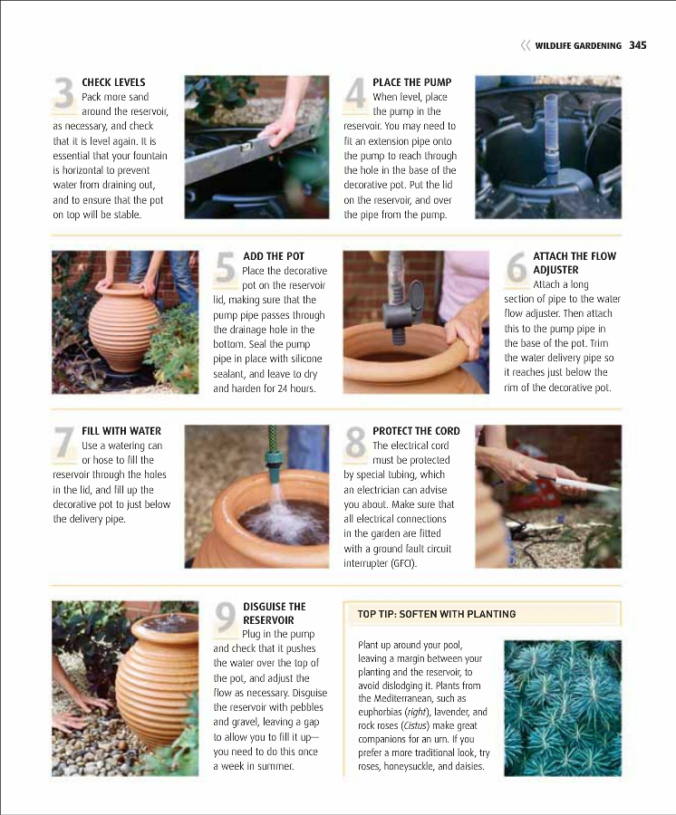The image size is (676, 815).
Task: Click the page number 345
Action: coord(638,45)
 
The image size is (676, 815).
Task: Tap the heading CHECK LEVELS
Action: coord(113,82)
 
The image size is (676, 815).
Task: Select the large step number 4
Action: coord(356,94)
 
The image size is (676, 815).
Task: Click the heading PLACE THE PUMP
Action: coord(411,82)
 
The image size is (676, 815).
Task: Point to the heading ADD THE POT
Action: coord(274,256)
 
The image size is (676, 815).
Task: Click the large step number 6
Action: coord(517,268)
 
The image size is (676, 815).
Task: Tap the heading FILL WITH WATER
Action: coord(121,431)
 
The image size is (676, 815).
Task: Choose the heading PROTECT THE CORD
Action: coord(416,431)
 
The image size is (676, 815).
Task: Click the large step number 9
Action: coord(226,618)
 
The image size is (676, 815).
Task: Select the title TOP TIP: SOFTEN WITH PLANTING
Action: coord(436,614)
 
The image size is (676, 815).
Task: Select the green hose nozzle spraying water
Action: coord(273,458)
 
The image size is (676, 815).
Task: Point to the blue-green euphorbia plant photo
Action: coord(563,708)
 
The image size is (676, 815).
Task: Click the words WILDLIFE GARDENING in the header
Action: coord(578,46)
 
